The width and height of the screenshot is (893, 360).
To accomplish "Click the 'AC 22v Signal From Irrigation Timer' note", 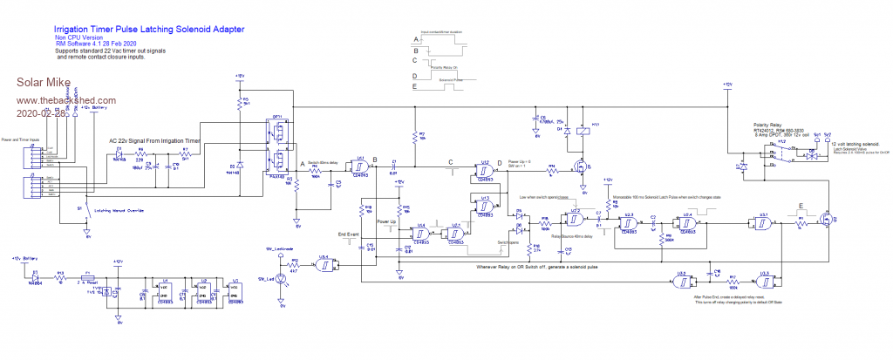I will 154,139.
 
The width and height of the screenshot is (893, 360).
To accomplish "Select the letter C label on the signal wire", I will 450,160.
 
